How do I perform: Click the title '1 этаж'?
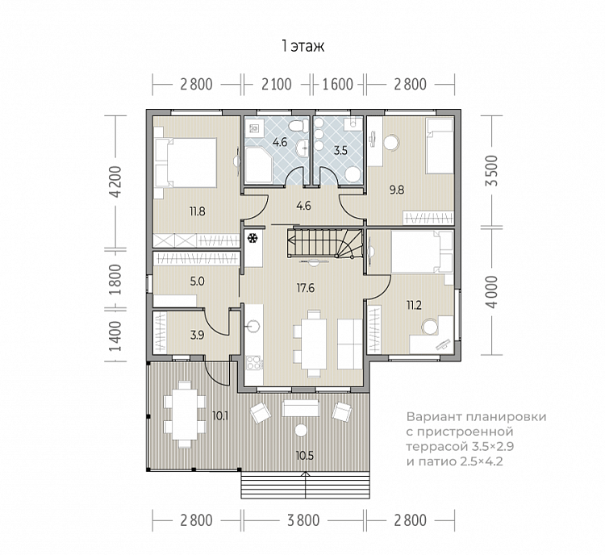click(302, 46)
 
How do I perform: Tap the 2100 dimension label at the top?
click(277, 84)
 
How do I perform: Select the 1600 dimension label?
click(338, 84)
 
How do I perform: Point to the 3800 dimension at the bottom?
click(303, 520)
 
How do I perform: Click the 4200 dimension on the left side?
click(115, 182)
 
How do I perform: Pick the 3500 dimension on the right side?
click(492, 170)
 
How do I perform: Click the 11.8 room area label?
click(197, 211)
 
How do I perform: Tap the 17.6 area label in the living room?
click(306, 288)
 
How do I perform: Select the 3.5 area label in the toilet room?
click(340, 151)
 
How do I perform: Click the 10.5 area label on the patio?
click(305, 456)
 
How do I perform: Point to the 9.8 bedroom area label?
click(397, 190)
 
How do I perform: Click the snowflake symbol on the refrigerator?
click(252, 239)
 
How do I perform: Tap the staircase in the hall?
click(324, 243)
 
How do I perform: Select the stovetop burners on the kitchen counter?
click(254, 363)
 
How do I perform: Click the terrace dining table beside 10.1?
click(185, 415)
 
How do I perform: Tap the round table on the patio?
click(300, 430)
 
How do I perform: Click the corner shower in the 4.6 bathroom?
click(259, 166)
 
